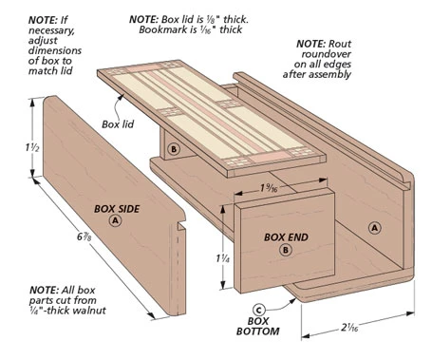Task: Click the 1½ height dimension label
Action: (x=32, y=147)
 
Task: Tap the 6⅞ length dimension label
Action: (x=85, y=237)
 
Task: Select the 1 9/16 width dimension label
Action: (x=269, y=188)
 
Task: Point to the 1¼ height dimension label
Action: (x=223, y=258)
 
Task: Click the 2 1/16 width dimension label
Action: (x=349, y=328)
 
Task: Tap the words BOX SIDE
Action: (x=117, y=209)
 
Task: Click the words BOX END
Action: (x=286, y=237)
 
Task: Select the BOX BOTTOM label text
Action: (x=258, y=326)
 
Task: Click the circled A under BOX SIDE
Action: (x=115, y=220)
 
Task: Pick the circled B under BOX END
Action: (x=286, y=250)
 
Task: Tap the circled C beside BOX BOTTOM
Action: (x=258, y=310)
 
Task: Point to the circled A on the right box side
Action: (x=375, y=228)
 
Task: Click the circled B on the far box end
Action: (x=174, y=149)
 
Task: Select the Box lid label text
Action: (x=118, y=124)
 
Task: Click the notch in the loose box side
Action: (x=181, y=225)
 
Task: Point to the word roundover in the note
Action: (x=327, y=54)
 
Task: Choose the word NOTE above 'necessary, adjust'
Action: (x=43, y=20)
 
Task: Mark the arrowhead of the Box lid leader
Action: (x=121, y=97)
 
